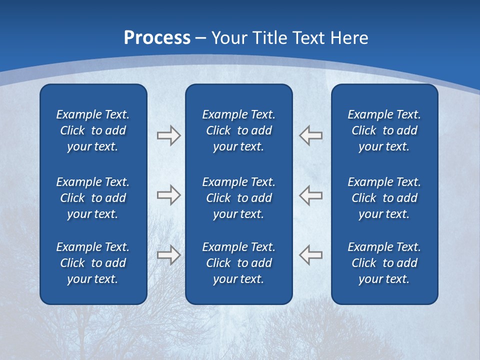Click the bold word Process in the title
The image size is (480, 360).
[x=157, y=38]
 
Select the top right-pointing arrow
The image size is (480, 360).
[x=168, y=135]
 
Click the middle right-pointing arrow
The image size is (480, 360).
[x=168, y=195]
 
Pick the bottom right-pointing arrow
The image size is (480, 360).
[x=168, y=255]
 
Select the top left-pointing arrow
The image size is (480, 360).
[x=310, y=135]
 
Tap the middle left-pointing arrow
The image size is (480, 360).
[x=310, y=195]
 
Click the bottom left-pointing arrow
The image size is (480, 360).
[x=310, y=255]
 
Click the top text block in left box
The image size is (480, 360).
[x=93, y=130]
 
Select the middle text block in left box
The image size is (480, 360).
[x=93, y=198]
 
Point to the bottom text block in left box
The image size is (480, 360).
[x=93, y=263]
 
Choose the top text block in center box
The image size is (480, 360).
[x=239, y=130]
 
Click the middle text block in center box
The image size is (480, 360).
[x=239, y=198]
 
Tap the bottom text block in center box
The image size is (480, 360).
[x=239, y=263]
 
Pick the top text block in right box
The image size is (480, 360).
[x=384, y=130]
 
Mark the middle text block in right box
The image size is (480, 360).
[x=384, y=198]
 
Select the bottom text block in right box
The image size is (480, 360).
[x=384, y=263]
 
